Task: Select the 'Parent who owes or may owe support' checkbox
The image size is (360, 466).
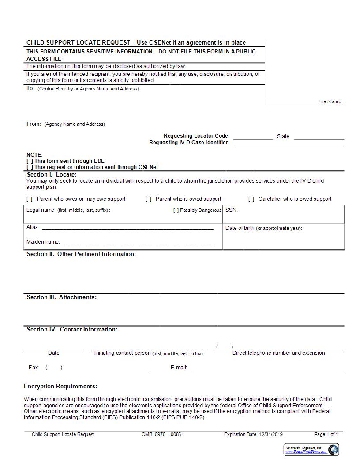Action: pos(30,199)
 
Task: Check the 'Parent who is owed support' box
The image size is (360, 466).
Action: pos(149,199)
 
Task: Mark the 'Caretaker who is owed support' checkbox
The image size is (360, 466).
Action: pos(251,199)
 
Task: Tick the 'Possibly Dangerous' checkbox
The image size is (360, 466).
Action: pos(176,210)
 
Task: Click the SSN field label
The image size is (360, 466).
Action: pos(232,210)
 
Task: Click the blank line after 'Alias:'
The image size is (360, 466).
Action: pos(127,229)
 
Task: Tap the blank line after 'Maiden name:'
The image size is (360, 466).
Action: pos(139,243)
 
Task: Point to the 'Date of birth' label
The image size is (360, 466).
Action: pos(240,228)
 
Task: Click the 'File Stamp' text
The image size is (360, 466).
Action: pos(330,101)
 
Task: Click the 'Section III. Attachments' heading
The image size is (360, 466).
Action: pos(62,297)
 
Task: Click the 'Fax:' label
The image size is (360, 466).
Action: pos(34,368)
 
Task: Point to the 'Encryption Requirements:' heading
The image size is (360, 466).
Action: pos(60,387)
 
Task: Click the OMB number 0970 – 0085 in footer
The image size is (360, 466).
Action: pos(161,435)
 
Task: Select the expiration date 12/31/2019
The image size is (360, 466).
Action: pos(271,435)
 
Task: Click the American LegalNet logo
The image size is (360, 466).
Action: pos(311,450)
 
